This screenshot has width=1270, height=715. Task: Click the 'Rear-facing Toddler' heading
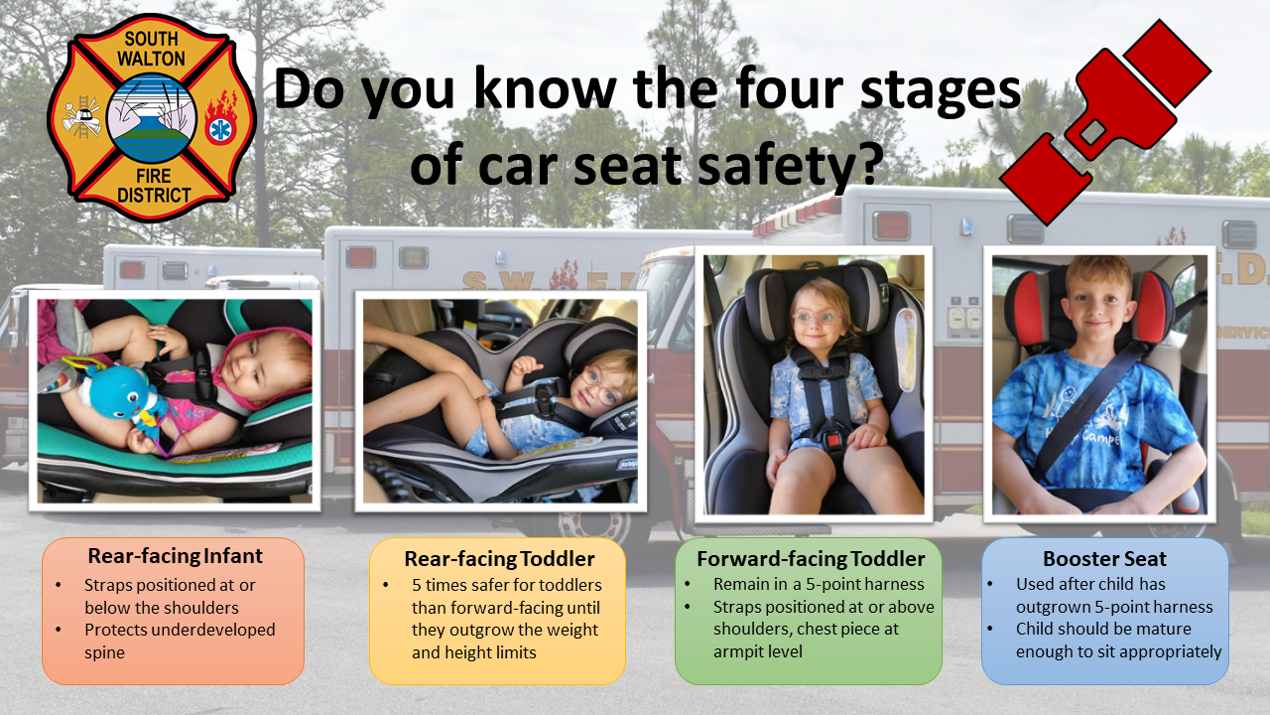[499, 558]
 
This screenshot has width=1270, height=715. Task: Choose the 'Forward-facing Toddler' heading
[811, 558]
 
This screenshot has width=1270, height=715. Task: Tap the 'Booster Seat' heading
[1104, 558]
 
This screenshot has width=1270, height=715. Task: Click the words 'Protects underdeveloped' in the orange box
[180, 630]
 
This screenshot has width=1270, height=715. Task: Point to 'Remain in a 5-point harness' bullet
[819, 584]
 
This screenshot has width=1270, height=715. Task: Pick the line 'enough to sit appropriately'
[1118, 651]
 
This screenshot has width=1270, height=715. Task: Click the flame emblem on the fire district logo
[220, 117]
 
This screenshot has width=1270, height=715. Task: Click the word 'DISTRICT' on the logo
[153, 196]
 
